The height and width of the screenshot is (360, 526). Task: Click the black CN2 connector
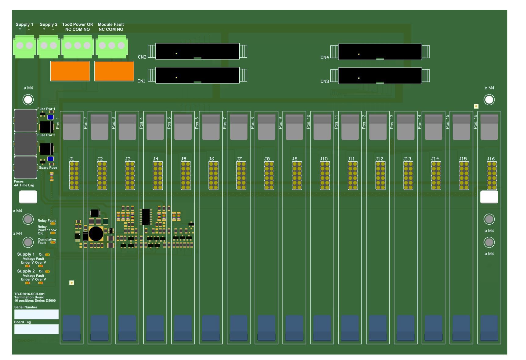[x=197, y=51]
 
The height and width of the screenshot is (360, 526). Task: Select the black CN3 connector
[x=380, y=76]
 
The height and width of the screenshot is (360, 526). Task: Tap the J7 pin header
[x=241, y=175]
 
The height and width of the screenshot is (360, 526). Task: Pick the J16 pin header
[x=492, y=175]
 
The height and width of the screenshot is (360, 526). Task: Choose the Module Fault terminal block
[x=111, y=46]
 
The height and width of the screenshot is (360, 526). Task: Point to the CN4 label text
[x=325, y=57]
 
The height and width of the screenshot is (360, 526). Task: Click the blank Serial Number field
[x=36, y=314]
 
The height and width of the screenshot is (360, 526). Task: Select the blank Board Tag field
[x=36, y=329]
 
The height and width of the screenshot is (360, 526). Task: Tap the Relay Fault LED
[x=53, y=224]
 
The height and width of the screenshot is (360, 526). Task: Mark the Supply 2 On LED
[x=47, y=271]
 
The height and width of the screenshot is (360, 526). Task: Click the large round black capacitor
[x=96, y=234]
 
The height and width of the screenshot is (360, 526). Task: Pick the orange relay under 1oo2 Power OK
[x=70, y=71]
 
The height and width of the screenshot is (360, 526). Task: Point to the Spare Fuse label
[x=48, y=167]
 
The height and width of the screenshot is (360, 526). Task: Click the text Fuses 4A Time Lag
[x=24, y=183]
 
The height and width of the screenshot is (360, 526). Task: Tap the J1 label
[x=72, y=159]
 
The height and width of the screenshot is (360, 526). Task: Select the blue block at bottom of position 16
[x=489, y=328]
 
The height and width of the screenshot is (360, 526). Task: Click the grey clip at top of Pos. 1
[x=71, y=127]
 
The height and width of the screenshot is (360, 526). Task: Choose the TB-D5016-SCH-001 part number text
[x=29, y=294]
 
